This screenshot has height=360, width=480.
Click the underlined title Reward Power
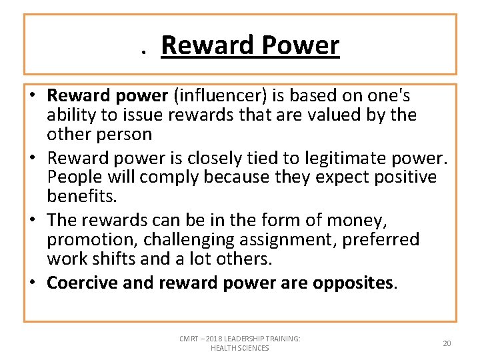[250, 45]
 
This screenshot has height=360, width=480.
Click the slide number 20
[447, 343]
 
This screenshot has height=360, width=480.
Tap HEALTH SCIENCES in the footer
[239, 348]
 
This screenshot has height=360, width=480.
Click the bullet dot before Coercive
[34, 283]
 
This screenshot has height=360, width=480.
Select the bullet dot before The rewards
[34, 220]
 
